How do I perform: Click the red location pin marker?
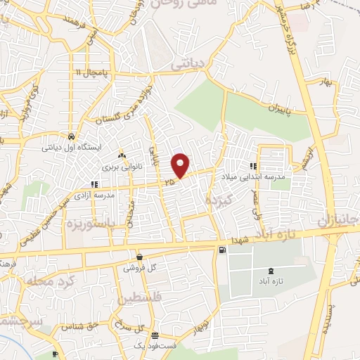tap(181, 165)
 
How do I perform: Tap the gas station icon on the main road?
tap(223, 250)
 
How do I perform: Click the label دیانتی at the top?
tap(188, 63)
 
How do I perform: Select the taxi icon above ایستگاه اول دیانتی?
tap(72, 136)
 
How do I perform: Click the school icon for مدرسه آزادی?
tap(94, 184)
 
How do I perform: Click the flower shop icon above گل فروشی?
tap(140, 257)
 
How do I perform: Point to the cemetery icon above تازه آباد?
tap(272, 271)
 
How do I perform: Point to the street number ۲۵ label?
tap(169, 182)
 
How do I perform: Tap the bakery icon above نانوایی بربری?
tap(122, 155)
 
